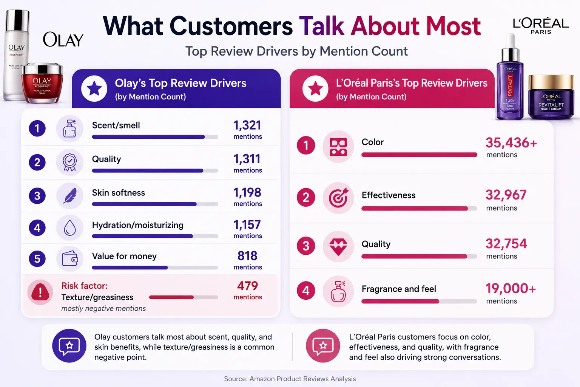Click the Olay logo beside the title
(63, 40)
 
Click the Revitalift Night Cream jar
(551, 97)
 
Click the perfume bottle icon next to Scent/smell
(69, 128)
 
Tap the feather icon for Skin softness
(69, 195)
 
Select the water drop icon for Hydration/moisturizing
(69, 228)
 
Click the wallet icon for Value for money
(69, 259)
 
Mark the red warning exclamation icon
(40, 292)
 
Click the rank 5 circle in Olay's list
(37, 259)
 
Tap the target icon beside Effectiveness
(338, 198)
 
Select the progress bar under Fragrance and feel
(419, 301)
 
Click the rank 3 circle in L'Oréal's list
(306, 246)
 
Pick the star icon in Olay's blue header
(94, 88)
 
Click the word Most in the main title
(454, 26)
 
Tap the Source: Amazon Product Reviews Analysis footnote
(290, 379)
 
